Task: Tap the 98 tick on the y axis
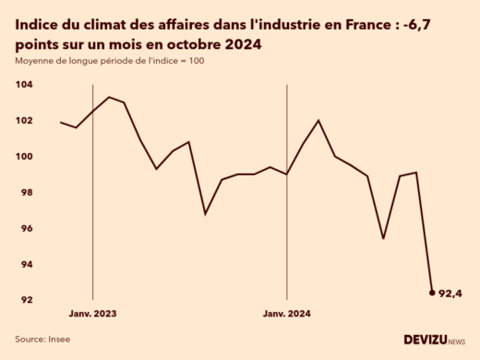[24, 192]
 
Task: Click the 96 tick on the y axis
[24, 228]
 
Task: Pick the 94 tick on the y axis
[24, 264]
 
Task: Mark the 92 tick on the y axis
[24, 300]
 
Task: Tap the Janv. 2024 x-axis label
[287, 314]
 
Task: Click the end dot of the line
[432, 293]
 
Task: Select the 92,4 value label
[450, 294]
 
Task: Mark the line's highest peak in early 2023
[109, 97]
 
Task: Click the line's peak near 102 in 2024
[318, 120]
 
